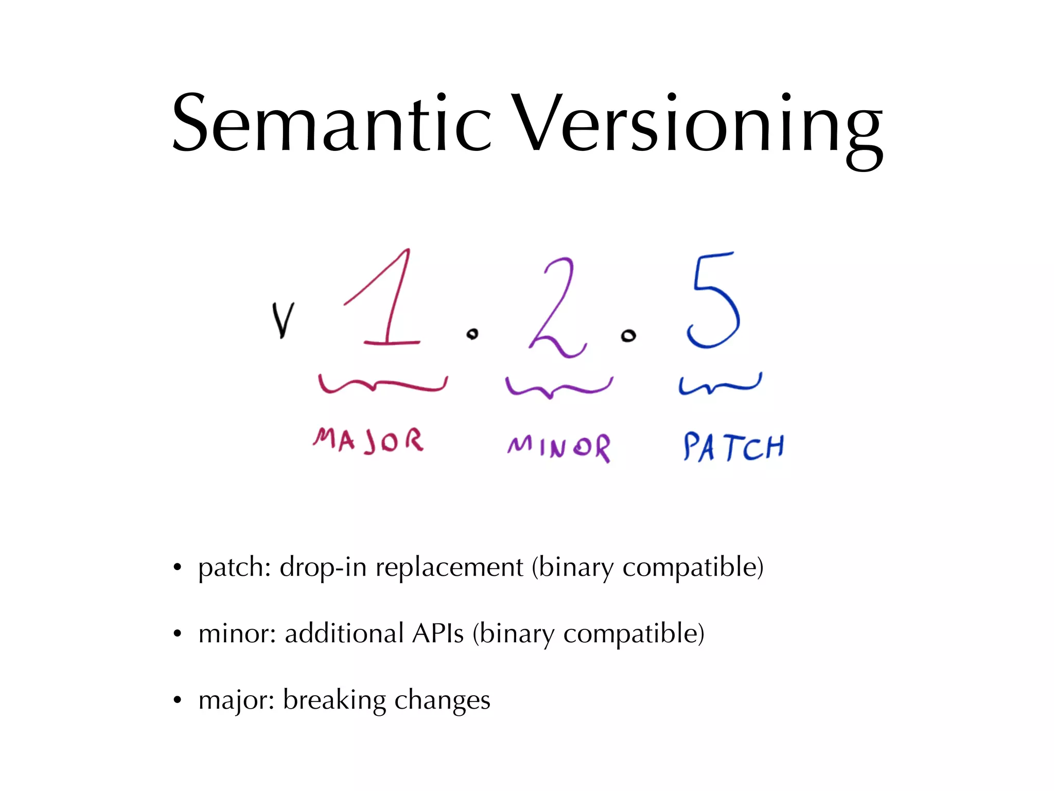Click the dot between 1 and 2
472,334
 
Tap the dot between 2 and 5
628,336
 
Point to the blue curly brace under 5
719,384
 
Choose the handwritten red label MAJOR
368,441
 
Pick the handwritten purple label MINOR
559,446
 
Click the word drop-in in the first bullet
323,568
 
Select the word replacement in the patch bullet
449,568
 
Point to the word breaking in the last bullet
335,700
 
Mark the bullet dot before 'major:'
178,700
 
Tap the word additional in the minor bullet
344,633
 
